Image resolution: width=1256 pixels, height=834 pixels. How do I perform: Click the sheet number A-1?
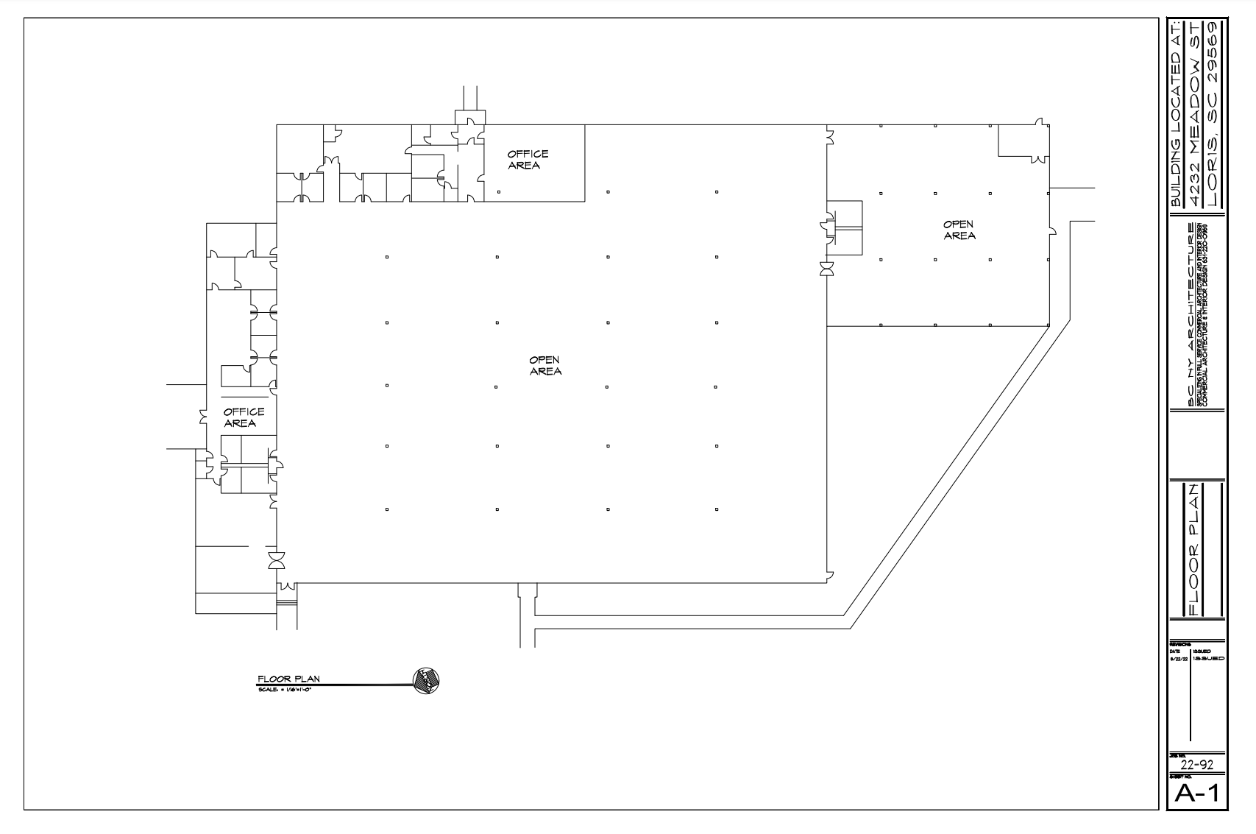(1196, 793)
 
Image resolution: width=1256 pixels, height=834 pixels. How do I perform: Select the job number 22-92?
(1196, 765)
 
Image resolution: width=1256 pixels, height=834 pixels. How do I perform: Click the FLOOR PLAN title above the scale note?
(288, 679)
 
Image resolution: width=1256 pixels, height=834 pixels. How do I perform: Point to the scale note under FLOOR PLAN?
(285, 690)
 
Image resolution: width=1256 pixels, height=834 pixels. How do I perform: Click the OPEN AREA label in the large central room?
(545, 366)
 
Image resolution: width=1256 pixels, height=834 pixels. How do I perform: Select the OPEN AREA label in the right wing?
(959, 230)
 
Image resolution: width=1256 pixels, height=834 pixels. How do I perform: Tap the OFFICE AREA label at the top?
(528, 160)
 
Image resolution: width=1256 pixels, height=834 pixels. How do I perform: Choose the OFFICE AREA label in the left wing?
(244, 417)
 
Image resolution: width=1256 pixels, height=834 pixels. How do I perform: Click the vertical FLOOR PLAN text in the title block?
(1196, 548)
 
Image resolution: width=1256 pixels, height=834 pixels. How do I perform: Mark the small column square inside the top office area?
(499, 192)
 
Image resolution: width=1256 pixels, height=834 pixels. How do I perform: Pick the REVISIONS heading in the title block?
(1179, 643)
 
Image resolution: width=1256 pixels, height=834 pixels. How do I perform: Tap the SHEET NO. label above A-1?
(1176, 777)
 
